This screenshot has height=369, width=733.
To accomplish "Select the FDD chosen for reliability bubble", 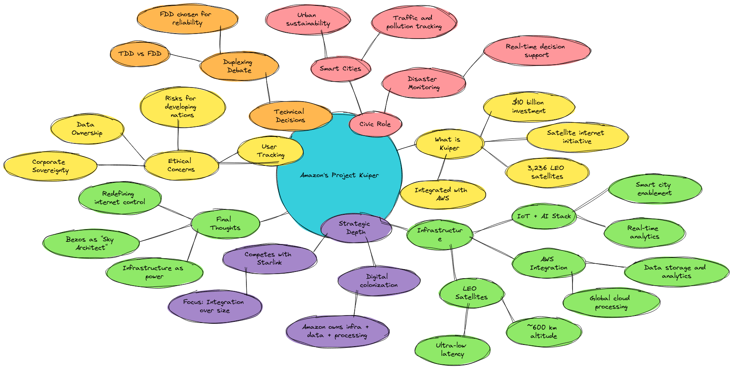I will pos(188,19).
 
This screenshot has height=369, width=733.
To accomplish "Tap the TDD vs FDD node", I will pos(140,54).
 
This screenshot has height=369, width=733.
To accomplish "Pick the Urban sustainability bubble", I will pos(308,19).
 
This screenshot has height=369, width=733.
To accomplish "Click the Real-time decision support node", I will pos(537,51).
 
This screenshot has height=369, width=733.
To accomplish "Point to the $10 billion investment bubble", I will pos(529,107).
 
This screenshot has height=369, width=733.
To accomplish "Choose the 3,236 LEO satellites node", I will pos(547,172).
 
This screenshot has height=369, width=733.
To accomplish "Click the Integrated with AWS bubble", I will pos(442,194).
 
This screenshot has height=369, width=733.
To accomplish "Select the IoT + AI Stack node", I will pos(544,216).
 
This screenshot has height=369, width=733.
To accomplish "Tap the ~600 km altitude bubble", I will pos(543,332).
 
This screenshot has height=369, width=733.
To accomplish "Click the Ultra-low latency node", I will pos(452,350).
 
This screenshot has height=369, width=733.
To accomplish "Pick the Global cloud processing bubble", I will pos(611,302).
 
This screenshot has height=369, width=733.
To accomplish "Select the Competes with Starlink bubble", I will pos(269,258).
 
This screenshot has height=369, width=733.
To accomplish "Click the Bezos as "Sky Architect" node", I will pos(90,243).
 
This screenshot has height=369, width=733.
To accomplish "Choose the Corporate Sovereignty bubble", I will pos(50,166).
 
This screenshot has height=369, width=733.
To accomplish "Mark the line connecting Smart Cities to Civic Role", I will pos(356,97).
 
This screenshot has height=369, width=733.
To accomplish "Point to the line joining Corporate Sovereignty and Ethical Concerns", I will pos(121,165).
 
